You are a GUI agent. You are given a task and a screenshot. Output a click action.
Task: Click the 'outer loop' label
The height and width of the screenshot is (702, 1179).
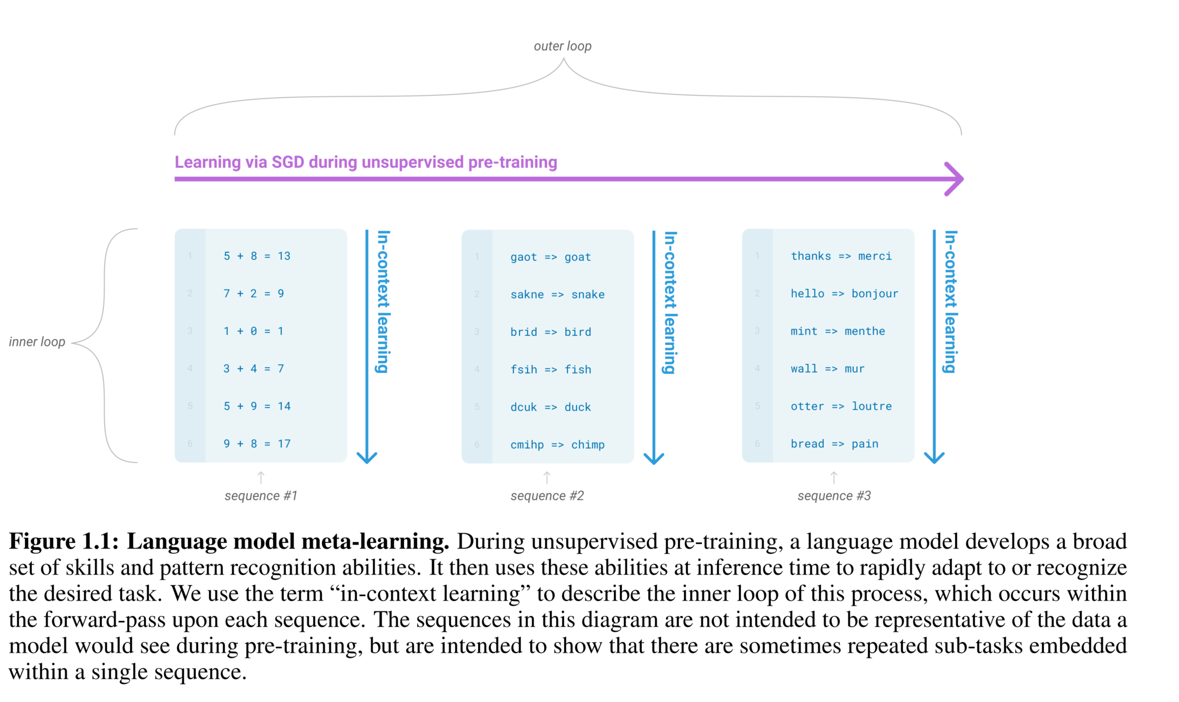click(x=562, y=46)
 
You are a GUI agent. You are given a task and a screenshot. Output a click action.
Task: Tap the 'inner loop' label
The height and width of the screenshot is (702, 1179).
click(x=37, y=342)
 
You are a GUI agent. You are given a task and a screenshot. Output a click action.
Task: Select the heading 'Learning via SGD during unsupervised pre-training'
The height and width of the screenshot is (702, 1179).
click(x=366, y=162)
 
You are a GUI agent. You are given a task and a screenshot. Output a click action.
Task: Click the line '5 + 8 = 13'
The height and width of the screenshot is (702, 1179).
click(x=257, y=256)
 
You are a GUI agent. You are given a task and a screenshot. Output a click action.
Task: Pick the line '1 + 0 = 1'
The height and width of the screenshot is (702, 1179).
click(x=253, y=331)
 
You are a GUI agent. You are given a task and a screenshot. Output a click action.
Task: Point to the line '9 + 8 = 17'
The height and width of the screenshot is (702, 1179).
click(x=257, y=444)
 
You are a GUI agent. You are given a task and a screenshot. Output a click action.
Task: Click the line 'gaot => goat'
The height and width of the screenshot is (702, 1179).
click(x=550, y=257)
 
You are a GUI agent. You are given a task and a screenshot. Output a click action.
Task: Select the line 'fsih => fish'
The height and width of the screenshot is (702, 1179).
click(x=550, y=369)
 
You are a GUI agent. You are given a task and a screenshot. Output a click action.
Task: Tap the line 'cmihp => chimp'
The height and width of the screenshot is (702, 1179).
click(x=557, y=444)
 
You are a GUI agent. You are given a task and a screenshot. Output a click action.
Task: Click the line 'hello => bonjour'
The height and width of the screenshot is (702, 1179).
click(x=844, y=294)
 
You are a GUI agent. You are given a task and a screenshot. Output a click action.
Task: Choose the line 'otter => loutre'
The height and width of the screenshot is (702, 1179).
click(x=841, y=406)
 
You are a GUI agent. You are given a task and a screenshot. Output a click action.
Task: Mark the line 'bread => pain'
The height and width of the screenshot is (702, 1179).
click(x=834, y=444)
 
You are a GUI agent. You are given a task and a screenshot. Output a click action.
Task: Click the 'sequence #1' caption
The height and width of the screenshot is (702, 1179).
click(x=261, y=496)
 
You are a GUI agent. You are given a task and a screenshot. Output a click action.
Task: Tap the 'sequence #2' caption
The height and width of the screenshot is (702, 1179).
click(x=547, y=496)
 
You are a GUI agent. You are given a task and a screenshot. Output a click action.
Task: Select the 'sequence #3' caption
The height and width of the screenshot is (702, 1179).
click(x=834, y=496)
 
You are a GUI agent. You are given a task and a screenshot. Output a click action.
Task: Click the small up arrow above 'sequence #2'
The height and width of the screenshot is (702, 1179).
click(x=547, y=477)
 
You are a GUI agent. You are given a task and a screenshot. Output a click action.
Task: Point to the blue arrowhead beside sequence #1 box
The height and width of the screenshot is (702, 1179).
click(x=367, y=457)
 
